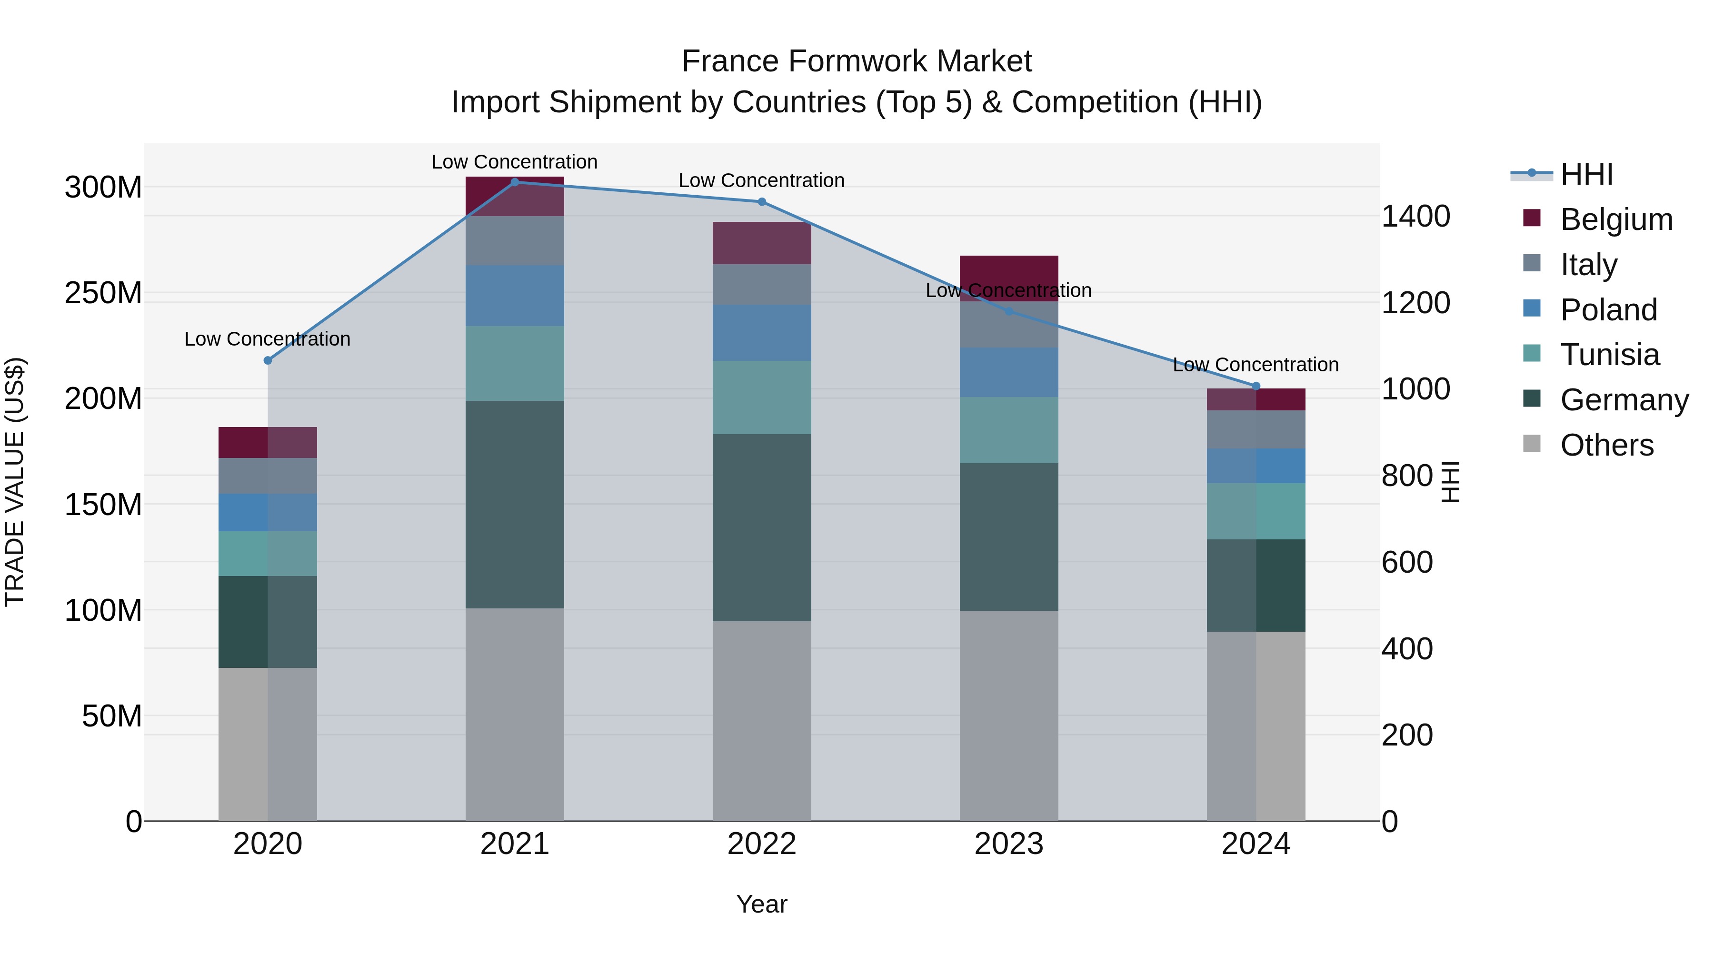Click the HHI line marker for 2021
pos(514,182)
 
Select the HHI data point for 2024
pos(1256,386)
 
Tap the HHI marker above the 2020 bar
pos(268,360)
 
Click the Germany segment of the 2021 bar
pos(514,504)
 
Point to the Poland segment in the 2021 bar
pos(514,295)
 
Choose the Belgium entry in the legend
pos(1615,219)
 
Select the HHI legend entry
pos(1586,174)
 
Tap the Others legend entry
pos(1606,445)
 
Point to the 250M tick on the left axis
pos(103,293)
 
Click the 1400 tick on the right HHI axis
pos(1415,216)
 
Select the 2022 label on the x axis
pos(761,844)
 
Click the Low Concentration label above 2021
pos(514,162)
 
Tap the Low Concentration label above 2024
pos(1256,365)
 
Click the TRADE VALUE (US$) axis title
pos(15,482)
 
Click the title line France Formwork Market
pos(857,61)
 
